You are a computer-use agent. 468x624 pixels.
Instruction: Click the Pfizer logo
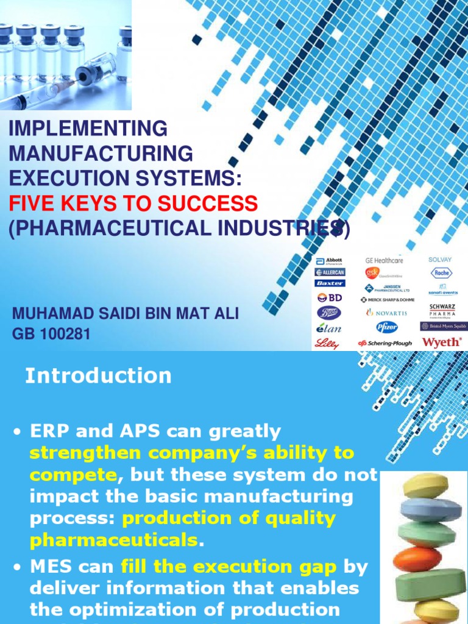(386, 327)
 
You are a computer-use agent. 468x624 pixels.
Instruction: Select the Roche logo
(442, 273)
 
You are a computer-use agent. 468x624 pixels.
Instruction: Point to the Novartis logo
(385, 313)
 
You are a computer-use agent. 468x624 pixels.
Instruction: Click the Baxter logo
(330, 283)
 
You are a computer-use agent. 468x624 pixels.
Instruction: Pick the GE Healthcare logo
(384, 260)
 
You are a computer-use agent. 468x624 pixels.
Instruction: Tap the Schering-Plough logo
(385, 343)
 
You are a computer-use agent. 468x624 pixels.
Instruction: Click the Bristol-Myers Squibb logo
(442, 327)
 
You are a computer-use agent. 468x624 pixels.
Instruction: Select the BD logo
(330, 298)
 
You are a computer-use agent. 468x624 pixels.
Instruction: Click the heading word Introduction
(98, 376)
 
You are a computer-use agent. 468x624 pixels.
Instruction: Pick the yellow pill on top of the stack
(427, 485)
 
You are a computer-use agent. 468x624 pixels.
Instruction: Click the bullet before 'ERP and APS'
(18, 433)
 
